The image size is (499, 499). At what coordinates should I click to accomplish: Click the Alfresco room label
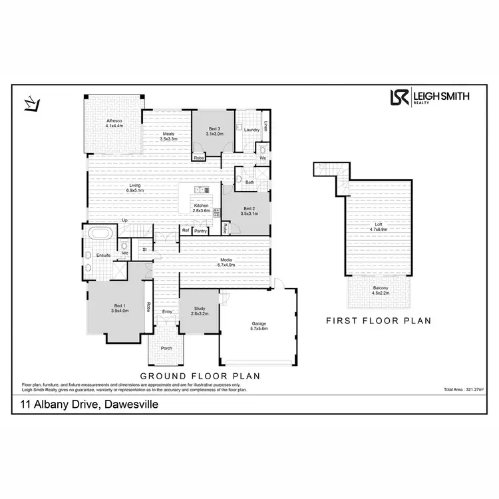(114, 123)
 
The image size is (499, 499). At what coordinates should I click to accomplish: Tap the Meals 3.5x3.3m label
(169, 136)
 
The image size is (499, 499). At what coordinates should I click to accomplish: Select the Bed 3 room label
(214, 131)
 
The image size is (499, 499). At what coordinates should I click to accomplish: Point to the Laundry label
(251, 130)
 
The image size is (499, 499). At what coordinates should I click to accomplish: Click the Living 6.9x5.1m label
(135, 188)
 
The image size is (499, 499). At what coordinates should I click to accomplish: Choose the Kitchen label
(202, 208)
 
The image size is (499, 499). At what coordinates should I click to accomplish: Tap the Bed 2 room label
(249, 210)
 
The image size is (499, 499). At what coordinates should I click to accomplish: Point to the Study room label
(200, 310)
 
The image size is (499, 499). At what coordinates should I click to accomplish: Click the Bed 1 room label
(119, 308)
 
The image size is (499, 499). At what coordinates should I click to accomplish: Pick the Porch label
(166, 348)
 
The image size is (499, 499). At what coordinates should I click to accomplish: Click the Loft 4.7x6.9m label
(378, 227)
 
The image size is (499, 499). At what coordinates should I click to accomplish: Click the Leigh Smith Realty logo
(429, 97)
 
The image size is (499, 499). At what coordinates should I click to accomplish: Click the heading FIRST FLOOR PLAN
(379, 321)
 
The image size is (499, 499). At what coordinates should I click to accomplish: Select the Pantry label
(200, 231)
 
